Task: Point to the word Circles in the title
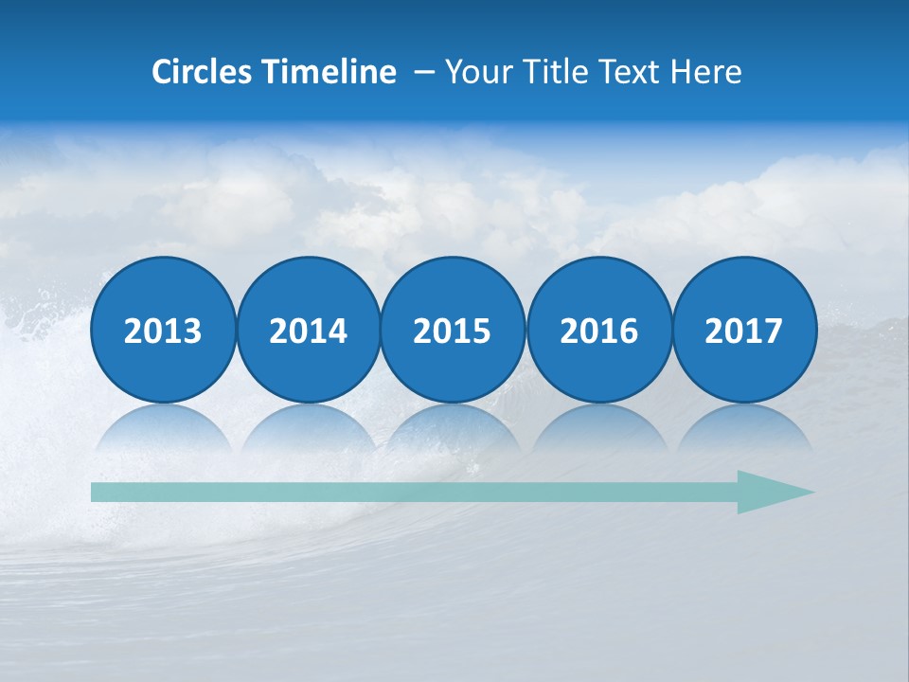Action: pyautogui.click(x=202, y=72)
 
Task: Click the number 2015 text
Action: pyautogui.click(x=453, y=331)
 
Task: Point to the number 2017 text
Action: pyautogui.click(x=744, y=331)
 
